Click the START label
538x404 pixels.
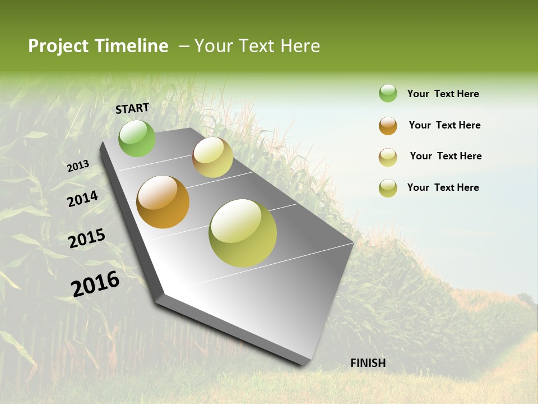tap(132, 108)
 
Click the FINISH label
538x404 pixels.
tap(368, 363)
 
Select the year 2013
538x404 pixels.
tap(78, 167)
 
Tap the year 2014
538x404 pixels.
tap(83, 199)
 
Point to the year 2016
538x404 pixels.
tap(95, 284)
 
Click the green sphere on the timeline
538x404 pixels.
tap(137, 138)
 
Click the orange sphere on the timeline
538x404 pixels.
tap(163, 202)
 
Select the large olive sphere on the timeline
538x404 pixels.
tap(243, 233)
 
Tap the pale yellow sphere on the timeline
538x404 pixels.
tap(212, 157)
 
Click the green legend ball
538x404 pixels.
tap(388, 93)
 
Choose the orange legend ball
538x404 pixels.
tap(388, 126)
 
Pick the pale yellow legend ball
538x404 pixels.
tap(388, 157)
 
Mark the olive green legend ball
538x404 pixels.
tap(388, 188)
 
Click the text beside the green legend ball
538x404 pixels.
tap(443, 94)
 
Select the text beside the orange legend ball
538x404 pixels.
tap(444, 125)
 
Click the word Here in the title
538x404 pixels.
tap(300, 46)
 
